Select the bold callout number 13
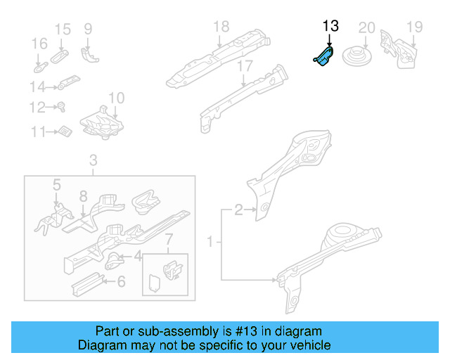330,26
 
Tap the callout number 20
366,27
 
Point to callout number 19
414,27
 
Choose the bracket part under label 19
396,48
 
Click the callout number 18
221,27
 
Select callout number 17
244,66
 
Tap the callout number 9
88,29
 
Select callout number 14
37,87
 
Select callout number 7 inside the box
167,243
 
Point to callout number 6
121,282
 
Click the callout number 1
210,243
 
